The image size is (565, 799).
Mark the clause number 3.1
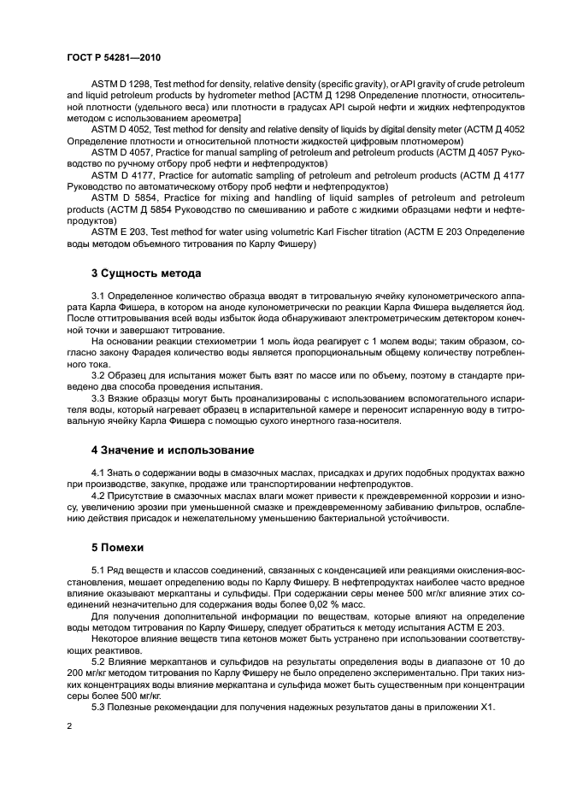tap(97, 296)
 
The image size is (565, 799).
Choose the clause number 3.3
tap(97, 397)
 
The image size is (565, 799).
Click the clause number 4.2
tap(97, 496)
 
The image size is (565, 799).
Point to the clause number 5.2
tap(97, 661)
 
